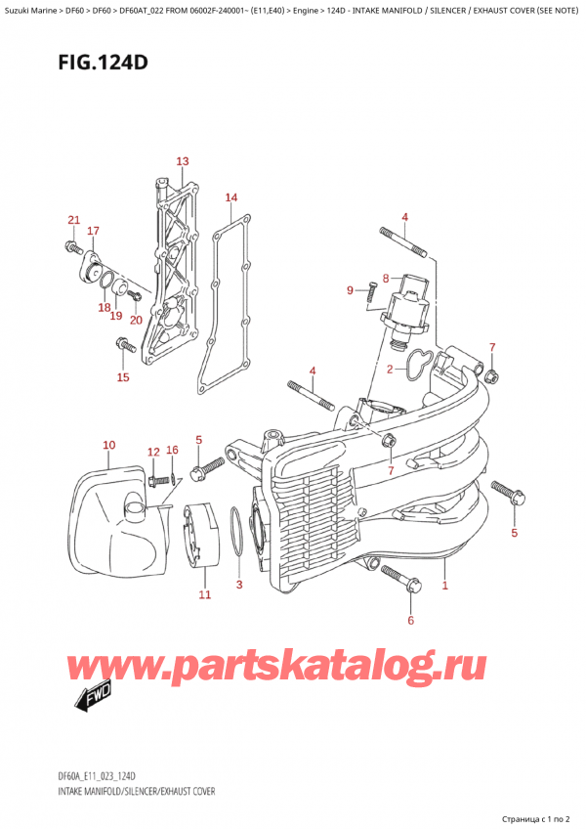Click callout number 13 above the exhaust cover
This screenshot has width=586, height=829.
[x=182, y=161]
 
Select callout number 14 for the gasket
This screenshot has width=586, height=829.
[x=230, y=198]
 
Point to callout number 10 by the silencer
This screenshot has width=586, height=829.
[x=108, y=446]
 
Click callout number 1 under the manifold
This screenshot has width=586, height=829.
[x=445, y=587]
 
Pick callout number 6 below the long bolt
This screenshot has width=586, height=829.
[x=410, y=620]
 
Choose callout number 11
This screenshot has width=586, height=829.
[x=204, y=594]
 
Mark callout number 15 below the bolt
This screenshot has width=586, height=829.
[x=122, y=377]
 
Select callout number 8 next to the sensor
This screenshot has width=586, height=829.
[x=386, y=278]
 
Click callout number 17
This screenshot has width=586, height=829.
[x=93, y=231]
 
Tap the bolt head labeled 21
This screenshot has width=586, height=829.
[x=71, y=244]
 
